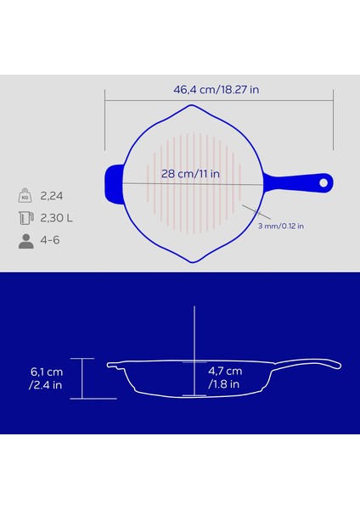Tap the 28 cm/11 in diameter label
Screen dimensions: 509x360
point(191,174)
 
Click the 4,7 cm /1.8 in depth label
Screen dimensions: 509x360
point(225,378)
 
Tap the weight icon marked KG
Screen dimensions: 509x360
point(26,196)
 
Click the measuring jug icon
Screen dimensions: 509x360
point(26,218)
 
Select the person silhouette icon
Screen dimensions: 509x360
point(26,240)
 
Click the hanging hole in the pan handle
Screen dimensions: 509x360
point(323,182)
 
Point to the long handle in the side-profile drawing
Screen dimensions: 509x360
point(310,363)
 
